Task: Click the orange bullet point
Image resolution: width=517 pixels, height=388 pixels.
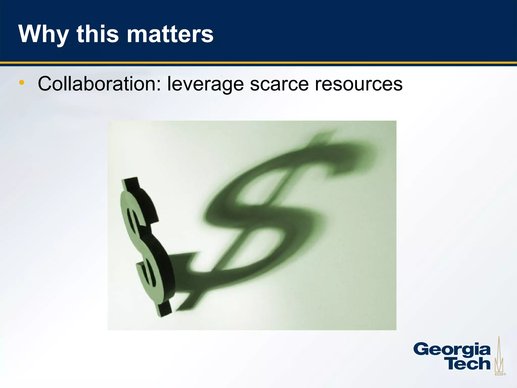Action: click(22, 82)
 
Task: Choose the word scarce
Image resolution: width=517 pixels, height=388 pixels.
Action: click(279, 84)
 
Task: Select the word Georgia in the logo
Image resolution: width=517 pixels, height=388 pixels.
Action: click(452, 350)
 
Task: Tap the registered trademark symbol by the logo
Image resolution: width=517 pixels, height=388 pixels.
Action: click(505, 374)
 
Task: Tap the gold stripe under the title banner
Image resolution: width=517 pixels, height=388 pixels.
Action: click(258, 63)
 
